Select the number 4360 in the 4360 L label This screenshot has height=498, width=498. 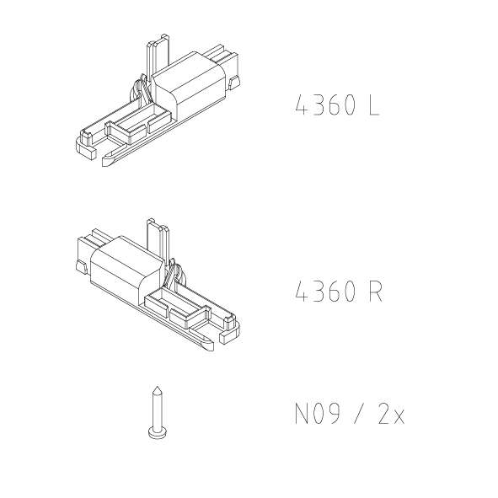(324, 105)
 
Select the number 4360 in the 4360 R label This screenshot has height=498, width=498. (324, 292)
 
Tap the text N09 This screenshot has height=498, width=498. (318, 414)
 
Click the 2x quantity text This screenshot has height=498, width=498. (391, 414)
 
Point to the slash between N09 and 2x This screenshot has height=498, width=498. (359, 414)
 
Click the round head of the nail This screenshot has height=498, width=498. (158, 433)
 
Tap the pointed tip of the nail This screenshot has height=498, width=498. (158, 387)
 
